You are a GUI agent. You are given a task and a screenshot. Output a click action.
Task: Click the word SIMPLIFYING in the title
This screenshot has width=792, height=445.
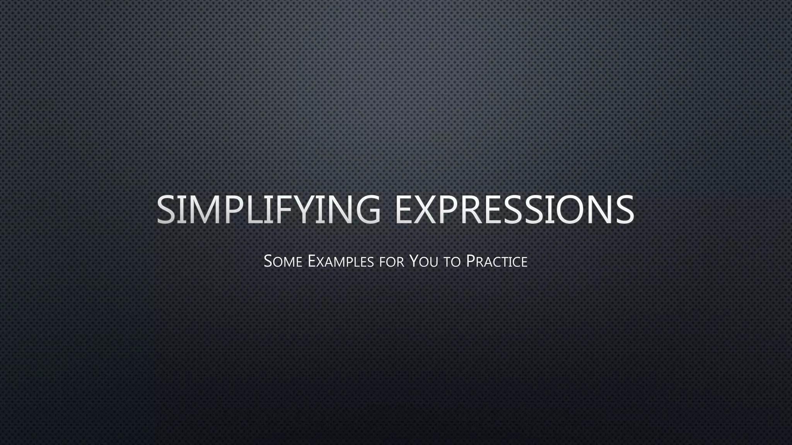coord(268,209)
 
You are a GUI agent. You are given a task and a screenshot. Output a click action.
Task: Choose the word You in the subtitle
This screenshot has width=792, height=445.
coord(424,262)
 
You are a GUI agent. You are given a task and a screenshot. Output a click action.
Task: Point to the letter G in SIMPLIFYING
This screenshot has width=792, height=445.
coord(367,209)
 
